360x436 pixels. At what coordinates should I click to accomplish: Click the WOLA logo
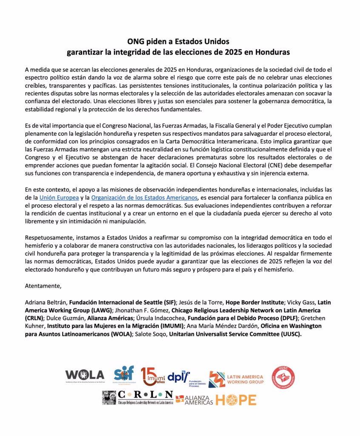pos(85,375)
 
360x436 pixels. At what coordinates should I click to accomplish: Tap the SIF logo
pos(124,375)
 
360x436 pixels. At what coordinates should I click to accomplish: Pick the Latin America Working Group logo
pos(236,377)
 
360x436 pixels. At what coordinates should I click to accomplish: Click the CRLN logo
pos(137,398)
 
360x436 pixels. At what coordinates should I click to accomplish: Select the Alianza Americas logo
pos(194,399)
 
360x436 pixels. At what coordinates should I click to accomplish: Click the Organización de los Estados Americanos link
pos(145,198)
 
